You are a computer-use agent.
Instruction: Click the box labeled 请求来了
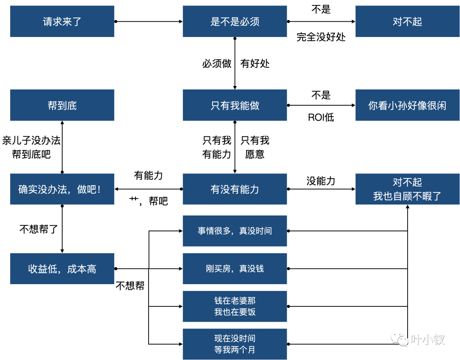tap(62, 21)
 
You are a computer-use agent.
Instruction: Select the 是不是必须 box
tap(235, 21)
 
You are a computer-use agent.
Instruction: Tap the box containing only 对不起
tap(407, 21)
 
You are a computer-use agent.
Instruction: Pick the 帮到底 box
tap(62, 105)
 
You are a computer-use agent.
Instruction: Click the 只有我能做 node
tap(235, 105)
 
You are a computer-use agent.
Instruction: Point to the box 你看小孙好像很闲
tap(407, 105)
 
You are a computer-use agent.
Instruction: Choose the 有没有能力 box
tap(235, 189)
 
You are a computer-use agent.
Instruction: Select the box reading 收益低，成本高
tap(62, 269)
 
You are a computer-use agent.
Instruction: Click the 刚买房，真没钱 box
tap(235, 269)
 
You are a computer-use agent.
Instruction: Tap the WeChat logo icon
tap(400, 339)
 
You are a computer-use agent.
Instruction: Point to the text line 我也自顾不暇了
tap(407, 196)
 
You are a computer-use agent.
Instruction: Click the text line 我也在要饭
tap(235, 312)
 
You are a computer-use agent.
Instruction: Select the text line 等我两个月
tap(235, 350)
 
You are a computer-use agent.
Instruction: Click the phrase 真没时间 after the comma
tap(256, 231)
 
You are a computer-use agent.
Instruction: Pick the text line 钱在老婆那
tap(235, 301)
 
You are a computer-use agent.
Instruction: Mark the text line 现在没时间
tap(235, 339)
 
